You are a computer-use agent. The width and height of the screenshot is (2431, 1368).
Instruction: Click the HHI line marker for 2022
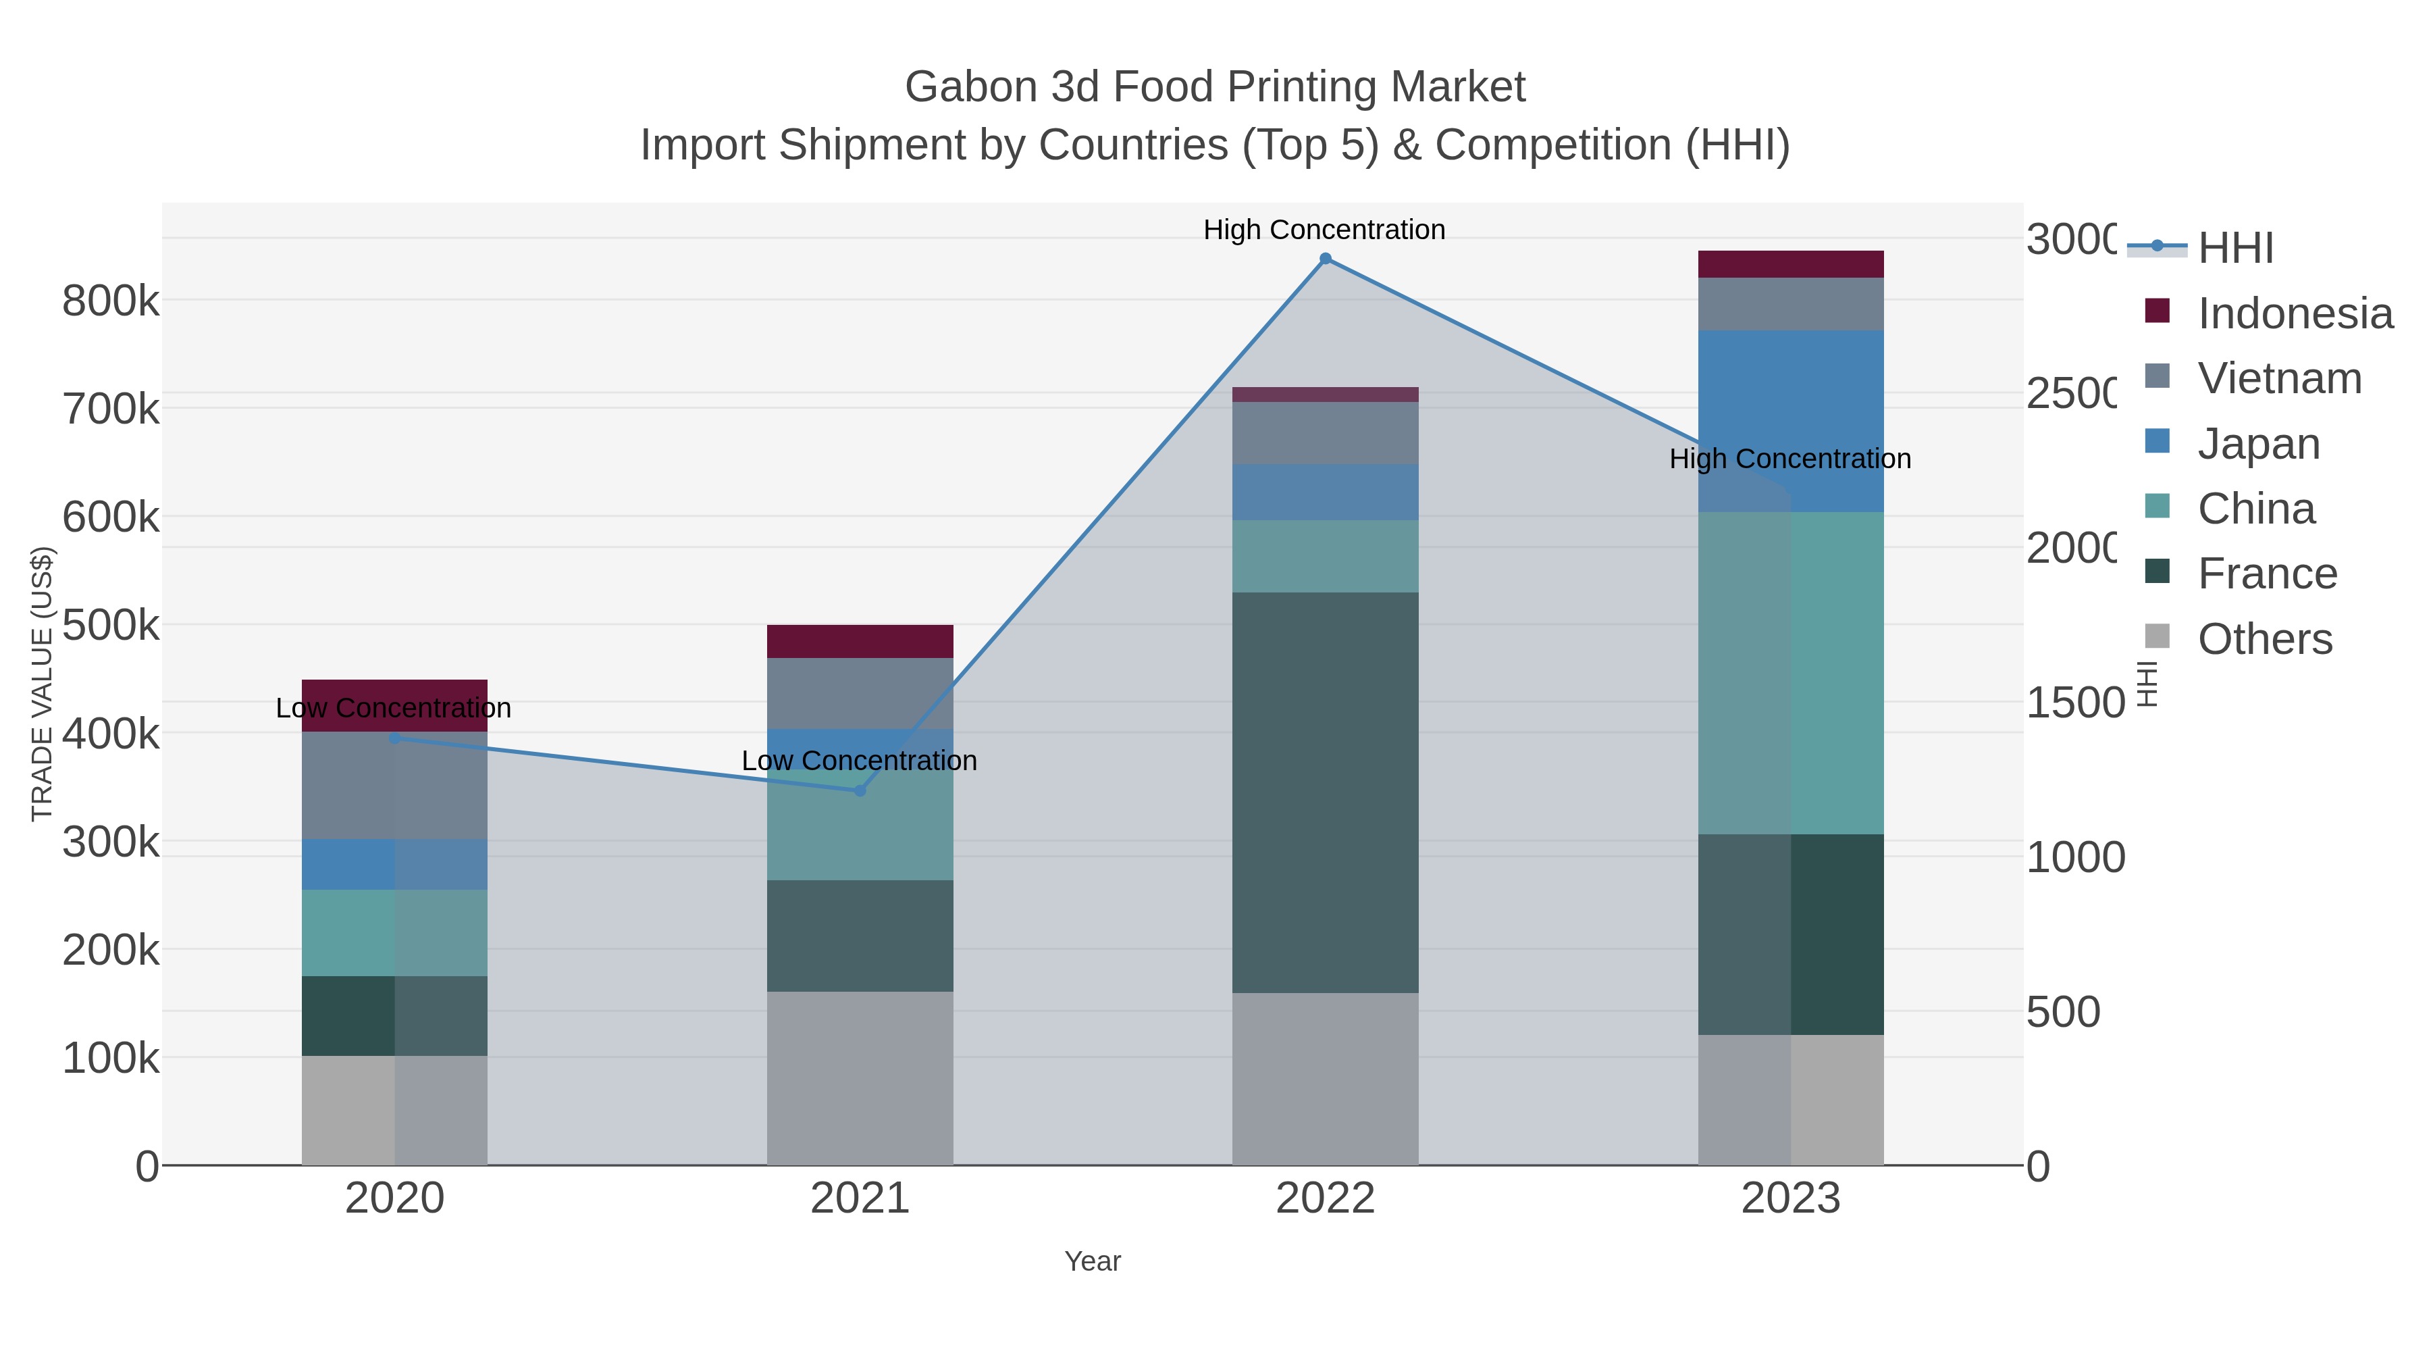pyautogui.click(x=1325, y=259)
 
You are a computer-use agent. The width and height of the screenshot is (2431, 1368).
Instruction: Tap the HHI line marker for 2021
pyautogui.click(x=860, y=790)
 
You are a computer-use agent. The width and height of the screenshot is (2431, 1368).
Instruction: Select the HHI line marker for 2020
pyautogui.click(x=394, y=737)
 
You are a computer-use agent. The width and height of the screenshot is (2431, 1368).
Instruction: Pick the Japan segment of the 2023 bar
pyautogui.click(x=1790, y=421)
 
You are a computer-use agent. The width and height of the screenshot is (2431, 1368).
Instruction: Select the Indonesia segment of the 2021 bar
pyautogui.click(x=860, y=641)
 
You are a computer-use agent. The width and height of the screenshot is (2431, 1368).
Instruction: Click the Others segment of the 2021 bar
pyautogui.click(x=860, y=1078)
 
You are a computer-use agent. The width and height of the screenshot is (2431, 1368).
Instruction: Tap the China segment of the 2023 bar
pyautogui.click(x=1790, y=672)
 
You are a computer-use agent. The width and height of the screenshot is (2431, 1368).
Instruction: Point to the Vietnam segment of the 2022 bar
pyautogui.click(x=1325, y=432)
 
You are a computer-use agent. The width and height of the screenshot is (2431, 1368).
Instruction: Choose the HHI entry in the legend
pyautogui.click(x=2234, y=249)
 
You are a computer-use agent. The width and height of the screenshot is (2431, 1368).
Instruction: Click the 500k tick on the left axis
pyautogui.click(x=111, y=625)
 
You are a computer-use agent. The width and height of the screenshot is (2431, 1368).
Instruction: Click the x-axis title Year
pyautogui.click(x=1092, y=1261)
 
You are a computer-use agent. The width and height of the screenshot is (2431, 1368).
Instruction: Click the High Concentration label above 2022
pyautogui.click(x=1324, y=230)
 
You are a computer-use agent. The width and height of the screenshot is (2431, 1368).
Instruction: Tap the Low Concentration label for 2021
pyautogui.click(x=859, y=760)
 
